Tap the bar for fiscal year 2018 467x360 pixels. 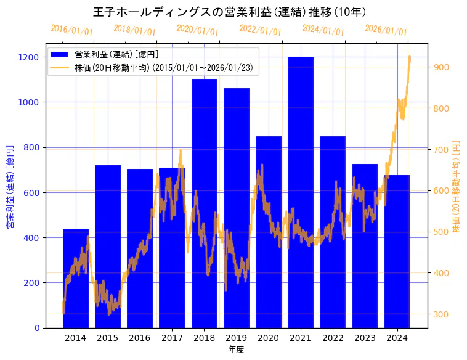click(204, 203)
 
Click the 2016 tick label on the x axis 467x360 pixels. click(140, 338)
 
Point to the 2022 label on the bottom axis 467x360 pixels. click(333, 338)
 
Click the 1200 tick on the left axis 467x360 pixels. click(30, 57)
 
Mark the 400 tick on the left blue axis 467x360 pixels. click(32, 238)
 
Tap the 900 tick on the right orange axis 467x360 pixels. click(442, 67)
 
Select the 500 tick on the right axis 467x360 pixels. click(442, 232)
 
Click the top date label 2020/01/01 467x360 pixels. click(197, 30)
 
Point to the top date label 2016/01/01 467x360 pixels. click(71, 30)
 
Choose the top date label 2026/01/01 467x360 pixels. click(386, 30)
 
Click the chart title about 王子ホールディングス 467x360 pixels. click(230, 12)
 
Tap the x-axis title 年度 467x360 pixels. click(236, 350)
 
